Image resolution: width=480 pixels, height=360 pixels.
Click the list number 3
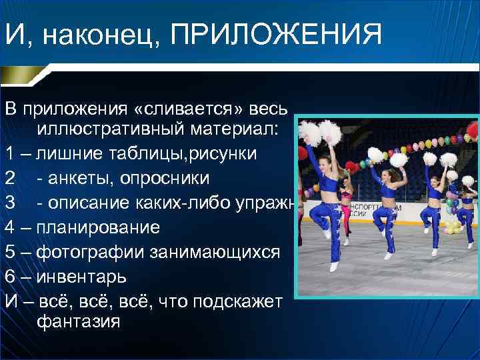coord(9,203)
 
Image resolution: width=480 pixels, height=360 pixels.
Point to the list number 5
coord(9,252)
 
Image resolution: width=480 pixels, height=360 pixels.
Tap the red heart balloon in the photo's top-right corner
coord(473,129)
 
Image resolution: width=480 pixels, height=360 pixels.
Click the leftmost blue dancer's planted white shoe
coord(333,267)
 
